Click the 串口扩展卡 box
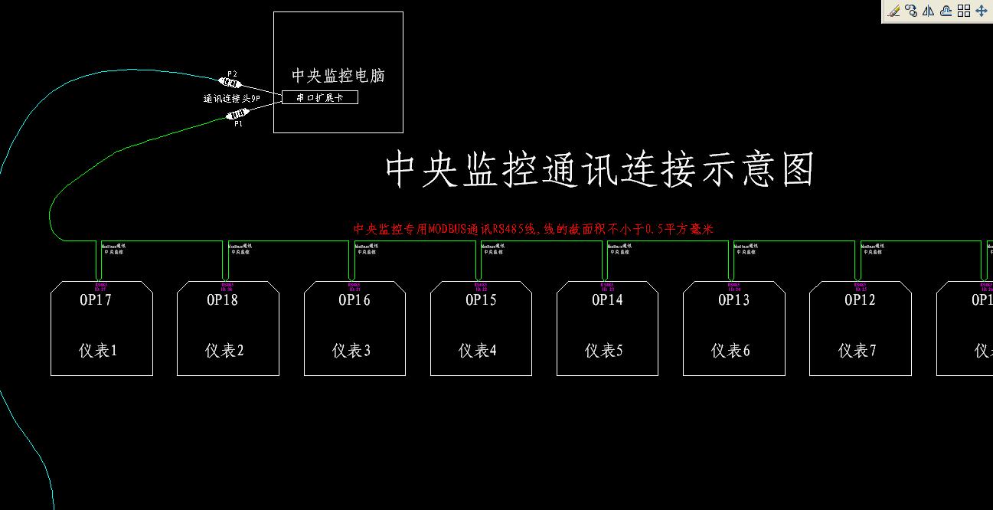[x=320, y=97]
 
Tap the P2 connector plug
[x=230, y=82]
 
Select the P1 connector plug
[x=239, y=115]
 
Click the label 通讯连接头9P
[x=232, y=99]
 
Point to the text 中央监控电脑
[x=338, y=76]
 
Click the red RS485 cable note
[x=533, y=229]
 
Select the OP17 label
[x=96, y=300]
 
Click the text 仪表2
[x=224, y=351]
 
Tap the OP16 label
[x=354, y=300]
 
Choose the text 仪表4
[x=478, y=351]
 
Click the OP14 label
[x=608, y=300]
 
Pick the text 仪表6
[x=730, y=351]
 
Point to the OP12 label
[x=860, y=300]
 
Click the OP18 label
[x=222, y=300]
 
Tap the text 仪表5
[x=604, y=351]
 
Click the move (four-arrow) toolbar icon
[x=982, y=11]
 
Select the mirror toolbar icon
[x=929, y=11]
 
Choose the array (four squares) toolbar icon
[x=964, y=11]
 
